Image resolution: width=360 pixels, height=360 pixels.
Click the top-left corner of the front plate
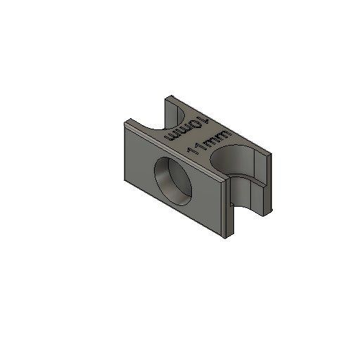point(123,123)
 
